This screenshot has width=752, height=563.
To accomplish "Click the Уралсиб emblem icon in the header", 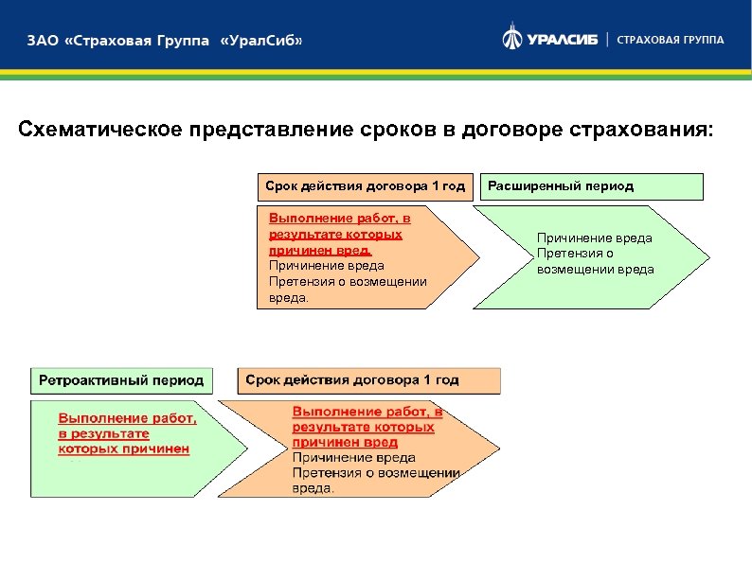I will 512,39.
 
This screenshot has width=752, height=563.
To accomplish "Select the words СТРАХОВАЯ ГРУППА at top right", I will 671,40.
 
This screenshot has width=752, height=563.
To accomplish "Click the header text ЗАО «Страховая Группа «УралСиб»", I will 165,42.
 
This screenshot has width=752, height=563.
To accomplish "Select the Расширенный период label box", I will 592,186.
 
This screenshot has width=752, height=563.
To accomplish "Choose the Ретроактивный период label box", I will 121,380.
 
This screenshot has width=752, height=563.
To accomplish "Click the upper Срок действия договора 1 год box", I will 365,186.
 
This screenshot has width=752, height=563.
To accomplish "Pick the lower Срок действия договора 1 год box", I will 368,380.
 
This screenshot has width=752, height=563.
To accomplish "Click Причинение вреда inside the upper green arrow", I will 594,238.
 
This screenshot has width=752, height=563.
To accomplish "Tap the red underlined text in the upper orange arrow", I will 339,234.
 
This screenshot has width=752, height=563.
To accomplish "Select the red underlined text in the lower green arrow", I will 128,433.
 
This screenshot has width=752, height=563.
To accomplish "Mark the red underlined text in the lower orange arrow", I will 367,427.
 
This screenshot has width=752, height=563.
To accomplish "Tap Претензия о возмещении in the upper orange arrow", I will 348,281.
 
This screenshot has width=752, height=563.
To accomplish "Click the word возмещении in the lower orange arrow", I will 421,473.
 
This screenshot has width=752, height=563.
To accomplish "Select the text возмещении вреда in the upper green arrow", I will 595,270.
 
